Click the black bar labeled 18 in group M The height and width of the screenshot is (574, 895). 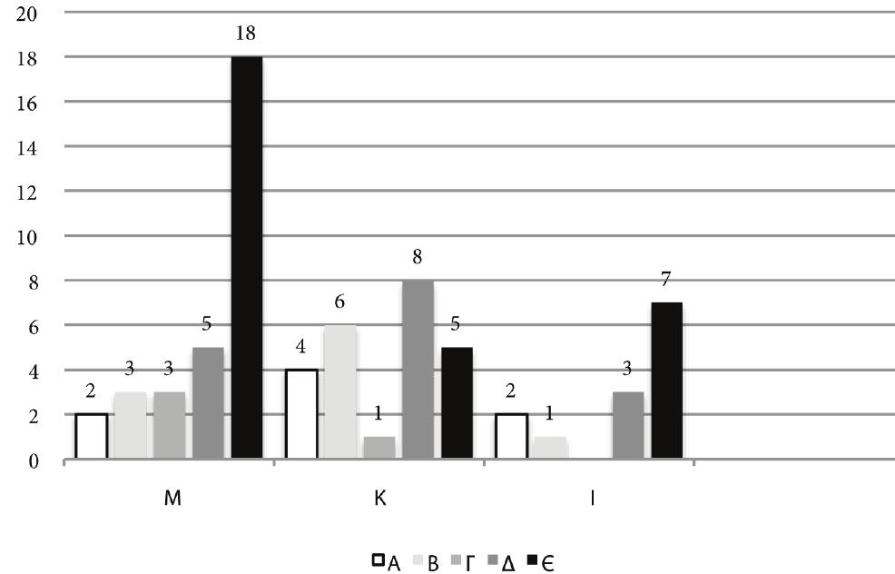click(x=247, y=258)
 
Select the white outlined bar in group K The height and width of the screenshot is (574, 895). click(x=301, y=414)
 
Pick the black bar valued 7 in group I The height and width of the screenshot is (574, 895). click(x=666, y=381)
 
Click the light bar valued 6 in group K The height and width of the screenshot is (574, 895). click(x=340, y=392)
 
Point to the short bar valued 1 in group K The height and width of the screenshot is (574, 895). click(x=379, y=448)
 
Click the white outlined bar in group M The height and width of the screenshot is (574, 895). click(x=91, y=436)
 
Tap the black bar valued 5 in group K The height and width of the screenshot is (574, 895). click(x=457, y=403)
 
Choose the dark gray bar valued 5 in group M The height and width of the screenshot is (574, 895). click(x=208, y=403)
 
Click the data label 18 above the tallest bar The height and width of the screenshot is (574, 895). click(x=246, y=35)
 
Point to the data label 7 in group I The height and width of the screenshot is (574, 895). click(x=665, y=280)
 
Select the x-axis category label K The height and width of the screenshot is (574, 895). click(x=379, y=501)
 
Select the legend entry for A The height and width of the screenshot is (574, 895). click(x=387, y=563)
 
